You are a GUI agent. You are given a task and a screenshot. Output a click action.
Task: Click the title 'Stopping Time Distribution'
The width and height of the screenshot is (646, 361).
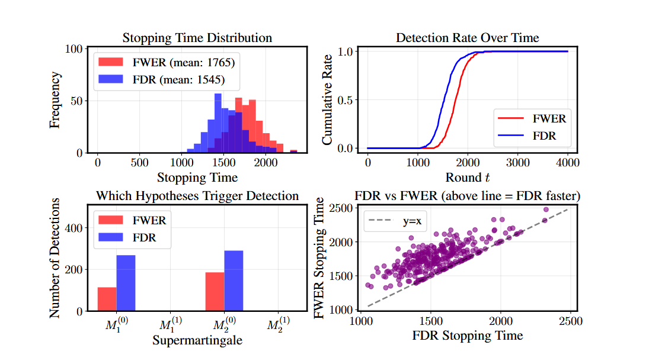point(197,38)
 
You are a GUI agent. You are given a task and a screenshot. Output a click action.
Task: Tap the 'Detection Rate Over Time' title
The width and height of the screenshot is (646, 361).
point(467,38)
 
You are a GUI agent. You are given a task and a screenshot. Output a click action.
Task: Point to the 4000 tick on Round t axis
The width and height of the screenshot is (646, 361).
point(568,162)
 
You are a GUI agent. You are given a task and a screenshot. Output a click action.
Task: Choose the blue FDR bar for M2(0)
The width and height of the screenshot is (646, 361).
point(234,281)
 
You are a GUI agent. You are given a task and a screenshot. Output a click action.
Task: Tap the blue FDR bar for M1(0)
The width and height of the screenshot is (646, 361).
point(126,283)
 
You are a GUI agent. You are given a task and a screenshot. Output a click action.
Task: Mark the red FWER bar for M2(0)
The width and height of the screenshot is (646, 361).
point(215,292)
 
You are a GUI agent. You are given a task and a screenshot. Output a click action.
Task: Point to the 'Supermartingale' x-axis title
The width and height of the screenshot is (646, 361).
point(197,340)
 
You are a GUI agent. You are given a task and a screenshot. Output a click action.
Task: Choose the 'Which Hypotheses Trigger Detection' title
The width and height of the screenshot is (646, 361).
point(197,195)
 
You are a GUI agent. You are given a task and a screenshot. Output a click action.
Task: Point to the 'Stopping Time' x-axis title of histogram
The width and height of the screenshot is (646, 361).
point(197,177)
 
